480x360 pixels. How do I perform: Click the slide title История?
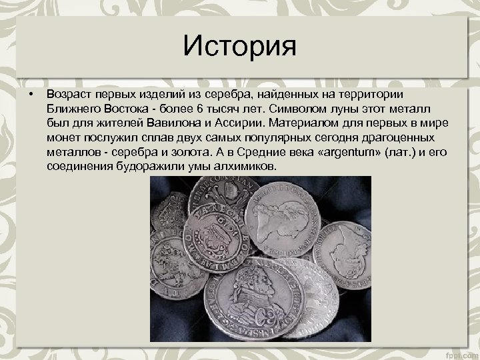tap(240, 47)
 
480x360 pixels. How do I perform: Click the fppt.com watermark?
tap(462, 353)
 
